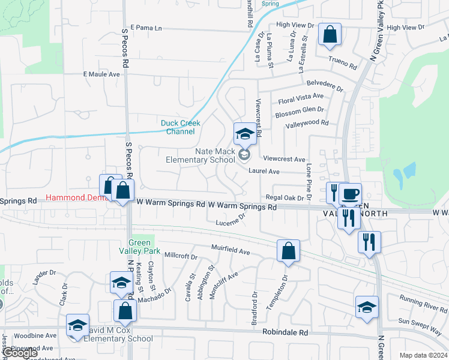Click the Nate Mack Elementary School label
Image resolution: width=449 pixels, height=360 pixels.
coord(200,156)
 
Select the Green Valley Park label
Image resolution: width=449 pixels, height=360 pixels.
coord(139,247)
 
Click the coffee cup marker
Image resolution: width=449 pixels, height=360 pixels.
coord(350,194)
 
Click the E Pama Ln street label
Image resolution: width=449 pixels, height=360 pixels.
coord(142,28)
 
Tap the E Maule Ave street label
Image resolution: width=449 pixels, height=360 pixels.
coord(101,74)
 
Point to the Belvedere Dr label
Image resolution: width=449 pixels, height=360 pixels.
coord(325,86)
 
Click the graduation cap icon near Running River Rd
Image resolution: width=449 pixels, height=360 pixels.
coord(367,307)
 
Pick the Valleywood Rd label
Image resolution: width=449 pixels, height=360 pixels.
coord(307,124)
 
